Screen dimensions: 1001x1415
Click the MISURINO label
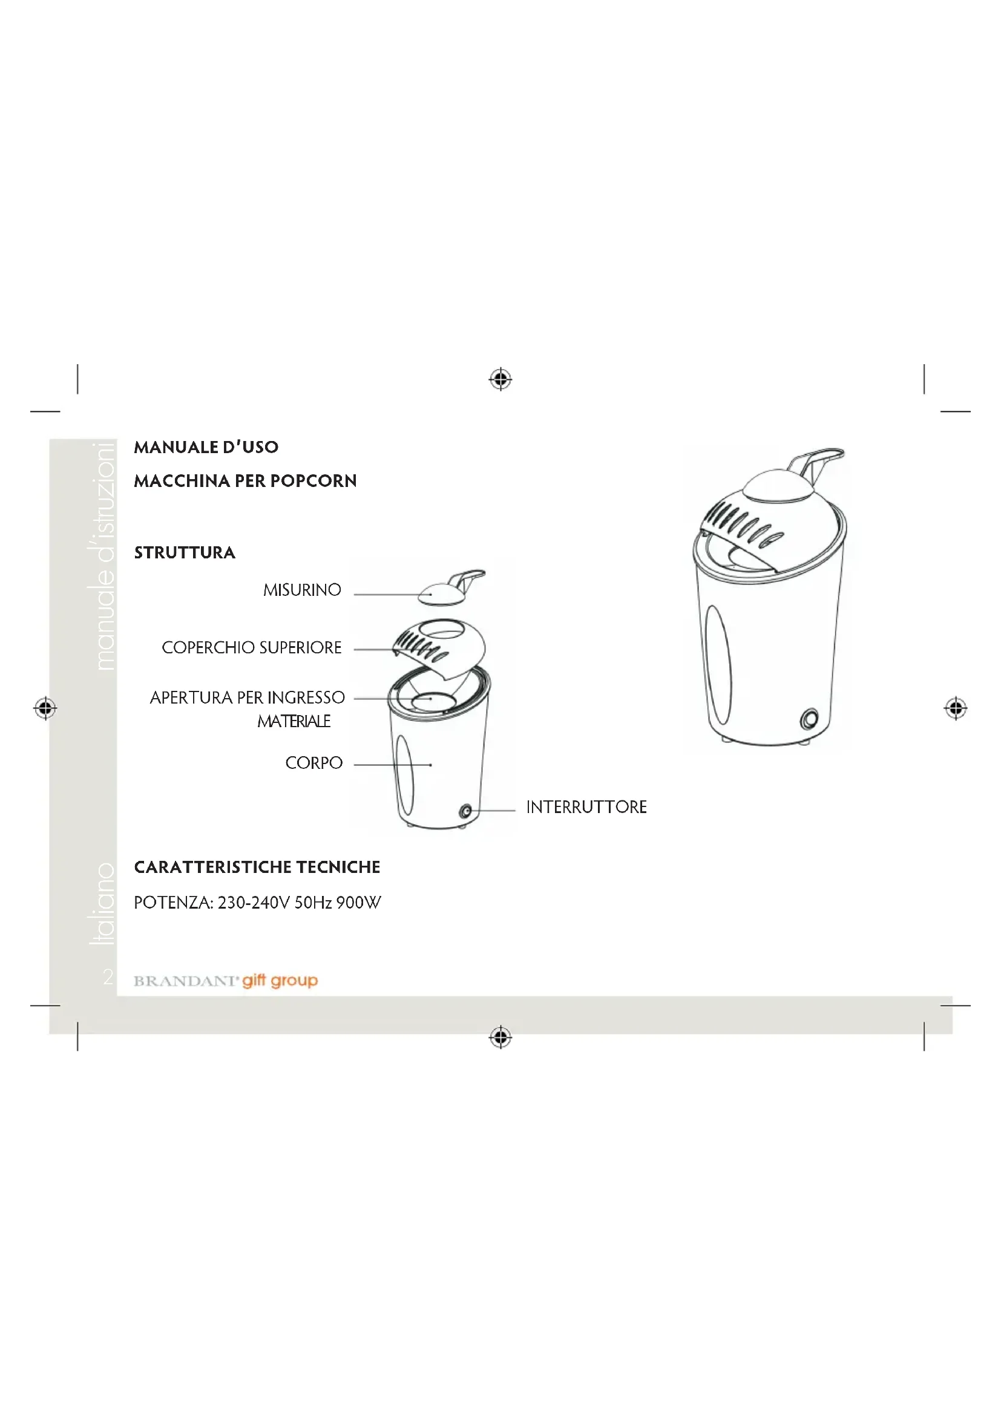(302, 590)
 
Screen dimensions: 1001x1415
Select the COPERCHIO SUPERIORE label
(252, 647)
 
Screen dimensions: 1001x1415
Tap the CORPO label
(313, 763)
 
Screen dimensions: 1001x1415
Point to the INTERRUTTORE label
(586, 807)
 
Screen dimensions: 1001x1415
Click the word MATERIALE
(294, 721)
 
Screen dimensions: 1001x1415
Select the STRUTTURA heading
(185, 552)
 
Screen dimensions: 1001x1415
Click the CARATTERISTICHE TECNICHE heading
(257, 867)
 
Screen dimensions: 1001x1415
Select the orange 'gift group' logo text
(280, 981)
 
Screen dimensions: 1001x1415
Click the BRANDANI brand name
(186, 981)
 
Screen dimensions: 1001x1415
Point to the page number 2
(108, 977)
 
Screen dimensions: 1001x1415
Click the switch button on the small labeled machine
(466, 811)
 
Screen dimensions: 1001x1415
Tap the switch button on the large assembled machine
(809, 719)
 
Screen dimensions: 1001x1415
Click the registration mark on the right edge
(956, 708)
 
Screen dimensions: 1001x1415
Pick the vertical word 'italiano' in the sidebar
(103, 903)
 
